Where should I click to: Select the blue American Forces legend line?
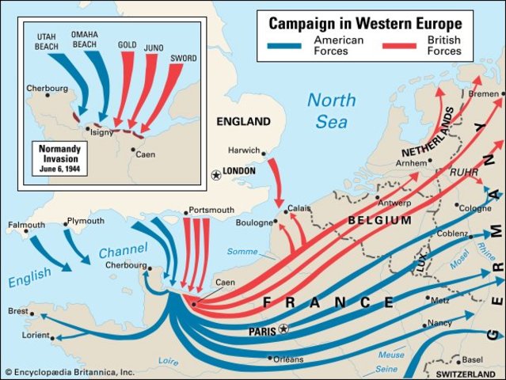coord(290,45)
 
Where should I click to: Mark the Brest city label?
coord(18,311)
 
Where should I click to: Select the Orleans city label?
coord(287,359)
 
